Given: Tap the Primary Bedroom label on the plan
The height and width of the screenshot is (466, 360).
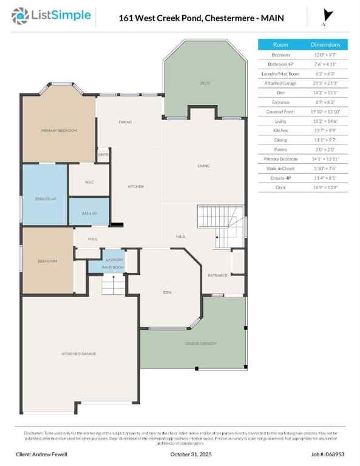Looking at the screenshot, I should click(x=59, y=130).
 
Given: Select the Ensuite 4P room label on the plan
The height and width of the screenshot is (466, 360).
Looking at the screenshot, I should click(x=45, y=198).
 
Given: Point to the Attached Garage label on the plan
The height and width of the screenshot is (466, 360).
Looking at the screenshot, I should click(x=78, y=353).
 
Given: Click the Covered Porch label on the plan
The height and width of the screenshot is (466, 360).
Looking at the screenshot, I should click(x=200, y=343).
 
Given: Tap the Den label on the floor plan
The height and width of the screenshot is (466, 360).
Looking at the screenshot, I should click(x=166, y=292).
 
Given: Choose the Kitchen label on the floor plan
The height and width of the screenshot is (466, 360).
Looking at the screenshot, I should click(x=135, y=186).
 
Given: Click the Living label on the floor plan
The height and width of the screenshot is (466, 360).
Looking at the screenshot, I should click(x=203, y=165).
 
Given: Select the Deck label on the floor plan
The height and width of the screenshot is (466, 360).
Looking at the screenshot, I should click(x=205, y=83).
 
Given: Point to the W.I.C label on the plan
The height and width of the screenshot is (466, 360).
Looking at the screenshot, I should click(x=89, y=181).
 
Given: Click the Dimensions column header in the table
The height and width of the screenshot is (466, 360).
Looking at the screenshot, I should click(x=326, y=44).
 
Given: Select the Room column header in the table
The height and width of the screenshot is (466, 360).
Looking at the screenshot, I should click(x=280, y=44).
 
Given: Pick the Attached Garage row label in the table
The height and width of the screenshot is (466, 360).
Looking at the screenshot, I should click(x=280, y=83).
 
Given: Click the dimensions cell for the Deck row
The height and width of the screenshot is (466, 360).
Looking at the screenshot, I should click(x=326, y=187).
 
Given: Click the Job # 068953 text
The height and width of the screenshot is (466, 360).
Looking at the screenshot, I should click(x=326, y=454).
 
